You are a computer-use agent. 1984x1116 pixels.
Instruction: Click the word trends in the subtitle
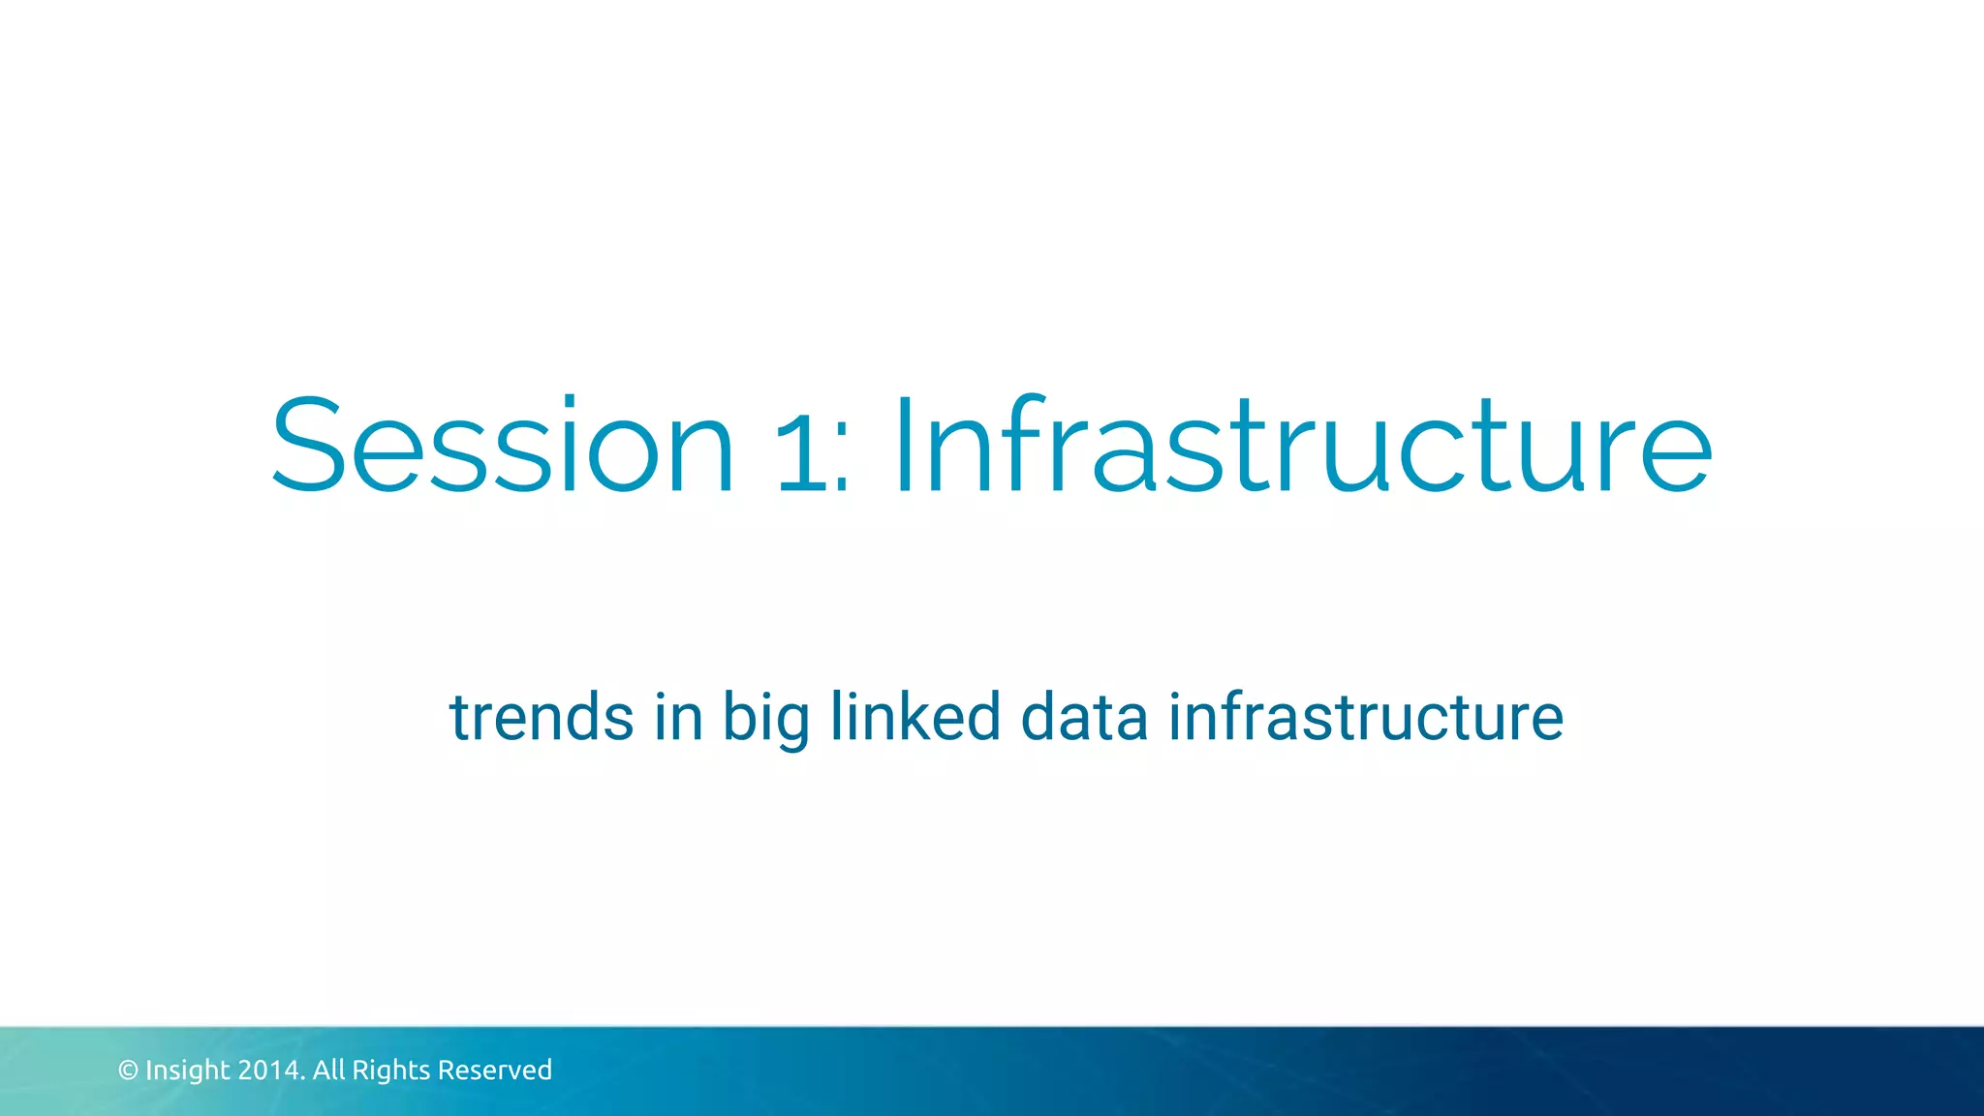pos(542,718)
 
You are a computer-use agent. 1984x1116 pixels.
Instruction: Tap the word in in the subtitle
pos(678,718)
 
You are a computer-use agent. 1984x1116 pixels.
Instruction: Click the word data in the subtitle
pos(1084,718)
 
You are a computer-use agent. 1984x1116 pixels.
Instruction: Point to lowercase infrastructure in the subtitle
pos(1365,718)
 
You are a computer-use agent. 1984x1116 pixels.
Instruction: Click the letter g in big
pos(793,727)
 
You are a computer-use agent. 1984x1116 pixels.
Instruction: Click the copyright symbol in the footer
pos(128,1070)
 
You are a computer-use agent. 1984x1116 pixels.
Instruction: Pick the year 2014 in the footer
pos(269,1070)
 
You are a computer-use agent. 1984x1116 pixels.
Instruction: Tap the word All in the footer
pos(328,1069)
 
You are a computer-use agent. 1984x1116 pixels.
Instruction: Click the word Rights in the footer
pos(390,1070)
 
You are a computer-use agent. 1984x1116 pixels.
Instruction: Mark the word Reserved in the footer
pos(495,1070)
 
